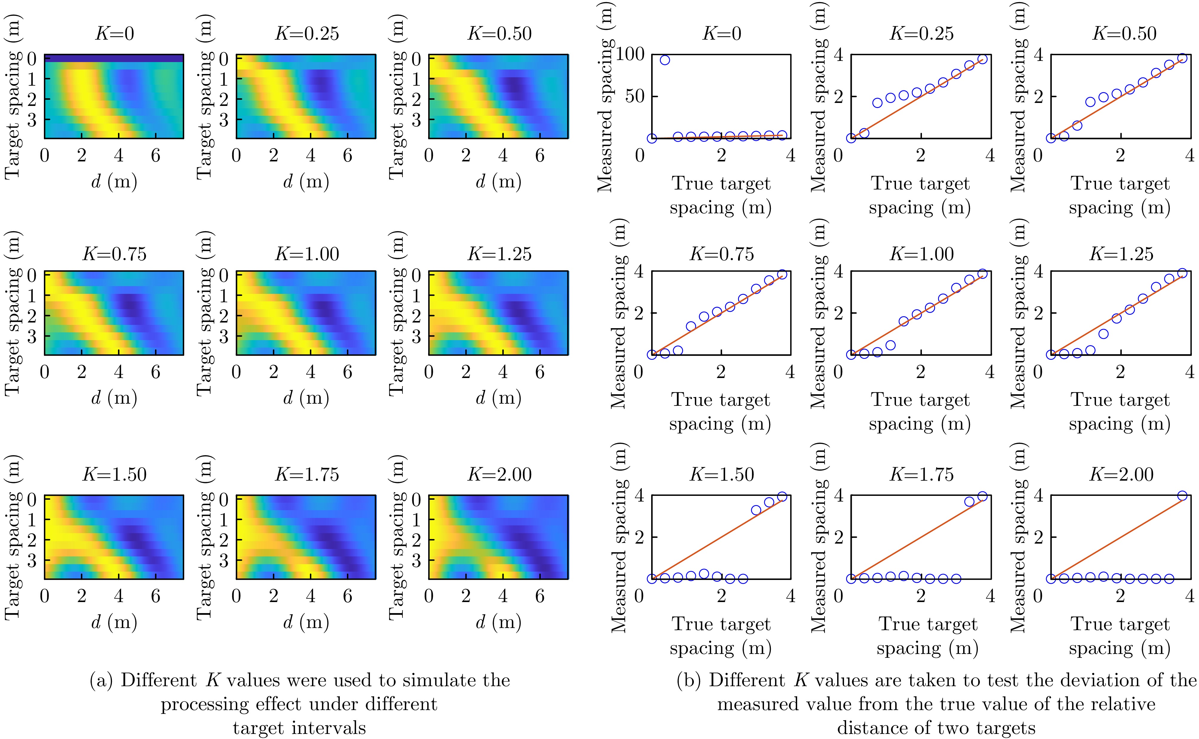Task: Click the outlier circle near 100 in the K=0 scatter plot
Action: pyautogui.click(x=665, y=60)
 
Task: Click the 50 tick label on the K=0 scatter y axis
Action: pyautogui.click(x=634, y=96)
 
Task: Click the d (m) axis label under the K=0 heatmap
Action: pyautogui.click(x=114, y=181)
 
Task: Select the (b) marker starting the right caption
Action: pyautogui.click(x=689, y=680)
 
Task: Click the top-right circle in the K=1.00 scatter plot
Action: pyautogui.click(x=982, y=274)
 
